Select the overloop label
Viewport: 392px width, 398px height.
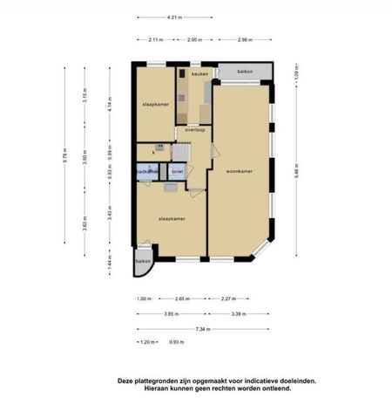[x=194, y=130]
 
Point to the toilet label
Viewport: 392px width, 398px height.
[x=178, y=172]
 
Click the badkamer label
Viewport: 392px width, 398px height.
[x=147, y=172]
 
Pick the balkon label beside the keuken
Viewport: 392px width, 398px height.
[x=245, y=71]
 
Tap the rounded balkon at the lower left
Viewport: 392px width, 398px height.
[x=143, y=261]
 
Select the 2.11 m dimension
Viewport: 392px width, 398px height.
[x=156, y=39]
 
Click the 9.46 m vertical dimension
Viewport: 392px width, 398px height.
[x=296, y=172]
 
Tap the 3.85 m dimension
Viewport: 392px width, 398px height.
[x=171, y=313]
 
